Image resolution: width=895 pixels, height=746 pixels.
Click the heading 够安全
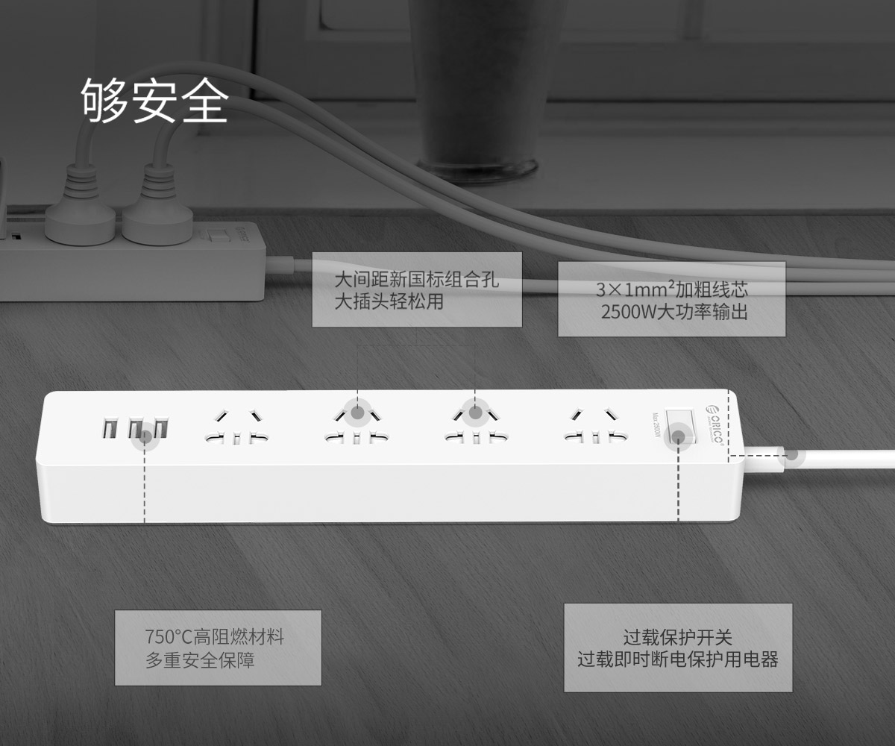tap(154, 100)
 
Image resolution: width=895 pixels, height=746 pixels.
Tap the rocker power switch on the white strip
tap(679, 426)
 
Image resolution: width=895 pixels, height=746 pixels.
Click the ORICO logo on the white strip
tap(715, 424)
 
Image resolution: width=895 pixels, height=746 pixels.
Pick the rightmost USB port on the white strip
tap(161, 428)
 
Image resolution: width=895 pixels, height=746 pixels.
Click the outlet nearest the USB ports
tap(236, 427)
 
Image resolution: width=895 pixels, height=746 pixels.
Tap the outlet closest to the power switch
tap(596, 426)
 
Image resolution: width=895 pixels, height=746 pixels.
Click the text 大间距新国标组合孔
tap(417, 280)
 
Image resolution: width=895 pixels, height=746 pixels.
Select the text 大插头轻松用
tap(389, 301)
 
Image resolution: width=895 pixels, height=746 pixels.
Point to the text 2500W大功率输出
tap(674, 312)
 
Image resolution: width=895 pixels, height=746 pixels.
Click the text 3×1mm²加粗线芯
tap(672, 289)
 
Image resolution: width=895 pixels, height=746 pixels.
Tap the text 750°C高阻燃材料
tap(214, 636)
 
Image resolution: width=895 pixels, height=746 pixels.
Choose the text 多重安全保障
tap(200, 659)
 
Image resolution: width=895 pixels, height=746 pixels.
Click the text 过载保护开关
tap(678, 637)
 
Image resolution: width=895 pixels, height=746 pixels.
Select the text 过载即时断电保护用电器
tap(678, 659)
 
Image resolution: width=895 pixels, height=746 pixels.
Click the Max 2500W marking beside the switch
tap(656, 425)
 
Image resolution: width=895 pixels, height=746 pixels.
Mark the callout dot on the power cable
tap(791, 455)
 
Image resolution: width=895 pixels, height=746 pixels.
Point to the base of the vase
tap(477, 171)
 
